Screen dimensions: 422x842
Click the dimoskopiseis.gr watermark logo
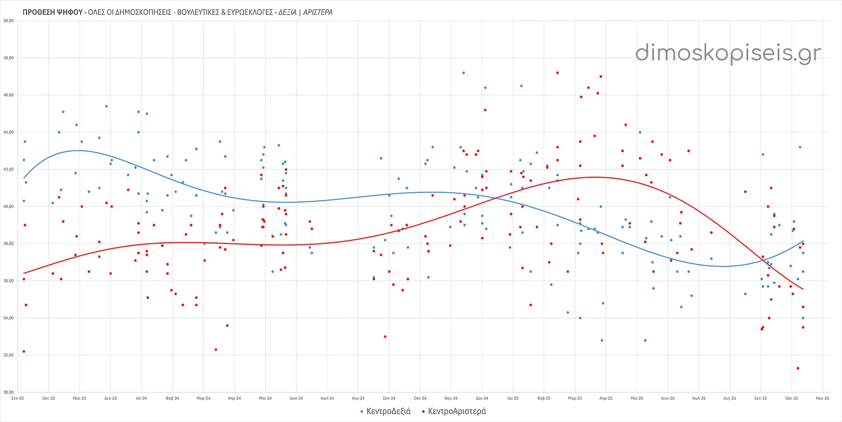[728, 54]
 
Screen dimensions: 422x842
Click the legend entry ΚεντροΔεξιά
[388, 411]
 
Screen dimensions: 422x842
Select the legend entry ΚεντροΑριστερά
[457, 411]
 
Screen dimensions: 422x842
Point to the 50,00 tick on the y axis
[8, 21]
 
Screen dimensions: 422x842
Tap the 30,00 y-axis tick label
[8, 392]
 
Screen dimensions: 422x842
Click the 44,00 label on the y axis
[8, 132]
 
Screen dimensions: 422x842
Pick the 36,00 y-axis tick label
[8, 281]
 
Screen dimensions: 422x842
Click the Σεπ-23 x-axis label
[18, 398]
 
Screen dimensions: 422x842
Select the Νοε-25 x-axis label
[822, 398]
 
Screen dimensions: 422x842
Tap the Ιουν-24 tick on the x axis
[296, 398]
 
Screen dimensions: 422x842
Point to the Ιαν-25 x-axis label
[513, 398]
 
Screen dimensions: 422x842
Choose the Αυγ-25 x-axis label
[730, 398]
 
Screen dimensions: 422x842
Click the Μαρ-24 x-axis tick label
[203, 398]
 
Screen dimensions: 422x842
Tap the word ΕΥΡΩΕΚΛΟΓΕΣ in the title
[250, 12]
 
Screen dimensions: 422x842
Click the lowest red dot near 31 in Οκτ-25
[798, 368]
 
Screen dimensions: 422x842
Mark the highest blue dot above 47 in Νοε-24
[464, 73]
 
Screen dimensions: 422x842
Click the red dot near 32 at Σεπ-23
[24, 351]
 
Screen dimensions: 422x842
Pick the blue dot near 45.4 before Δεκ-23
[107, 106]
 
